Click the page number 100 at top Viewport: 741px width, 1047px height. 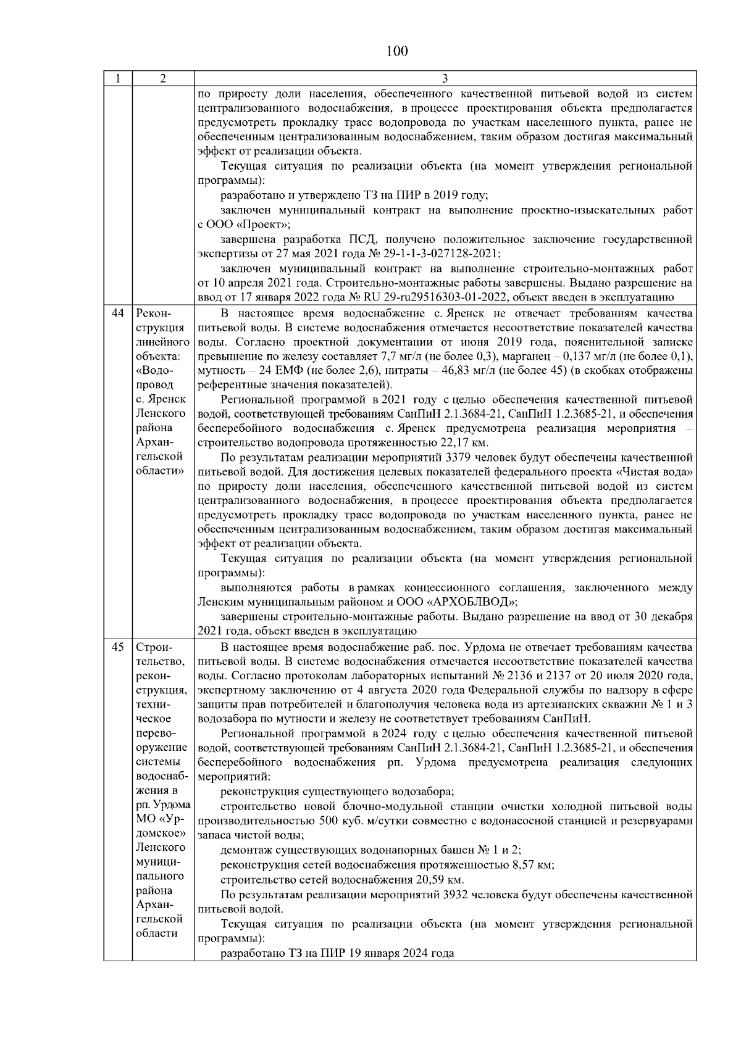pyautogui.click(x=396, y=51)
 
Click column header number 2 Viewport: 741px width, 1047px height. pyautogui.click(x=162, y=79)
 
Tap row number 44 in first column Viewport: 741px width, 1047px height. pyautogui.click(x=117, y=313)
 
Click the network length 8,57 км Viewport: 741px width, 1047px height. pyautogui.click(x=533, y=865)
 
